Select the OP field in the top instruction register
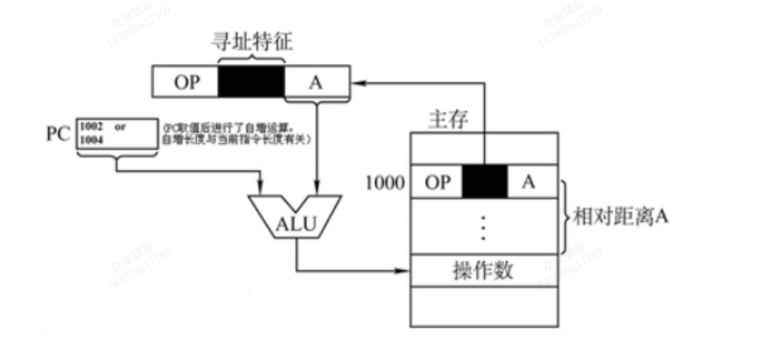click(185, 82)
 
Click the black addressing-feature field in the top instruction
click(252, 82)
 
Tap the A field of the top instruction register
click(316, 82)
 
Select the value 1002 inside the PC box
click(90, 126)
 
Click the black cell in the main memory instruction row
click(484, 182)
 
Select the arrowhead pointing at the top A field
click(355, 82)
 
